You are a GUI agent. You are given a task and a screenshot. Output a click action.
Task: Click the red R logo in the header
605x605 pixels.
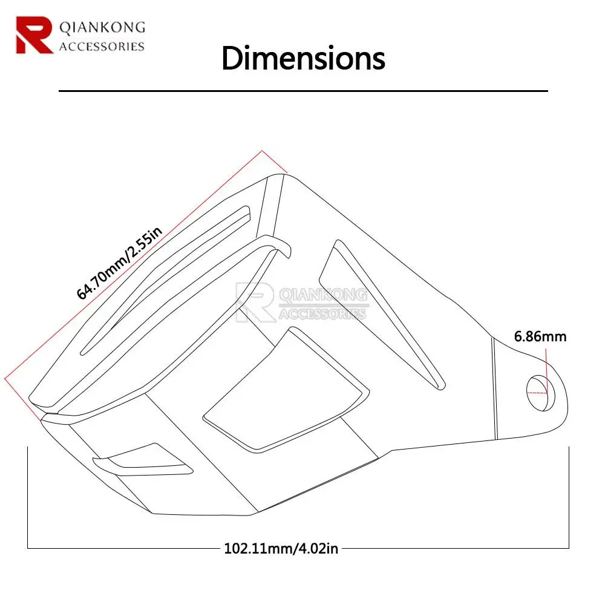[34, 34]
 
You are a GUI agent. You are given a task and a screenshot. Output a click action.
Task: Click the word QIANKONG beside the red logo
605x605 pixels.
[102, 27]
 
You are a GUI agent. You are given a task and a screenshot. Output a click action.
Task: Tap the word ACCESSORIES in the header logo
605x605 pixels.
[102, 47]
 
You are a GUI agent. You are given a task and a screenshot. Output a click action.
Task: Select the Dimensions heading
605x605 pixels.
[303, 58]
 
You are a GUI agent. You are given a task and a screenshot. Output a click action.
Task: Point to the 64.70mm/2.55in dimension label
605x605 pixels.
[119, 263]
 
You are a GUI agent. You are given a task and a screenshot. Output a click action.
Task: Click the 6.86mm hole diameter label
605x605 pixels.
[540, 336]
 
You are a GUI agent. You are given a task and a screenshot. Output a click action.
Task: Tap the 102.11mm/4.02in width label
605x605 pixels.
[281, 548]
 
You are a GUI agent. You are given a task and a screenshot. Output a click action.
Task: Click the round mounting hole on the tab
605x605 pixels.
[540, 393]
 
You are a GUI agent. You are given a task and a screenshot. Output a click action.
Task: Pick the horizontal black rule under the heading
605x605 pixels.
[303, 91]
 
